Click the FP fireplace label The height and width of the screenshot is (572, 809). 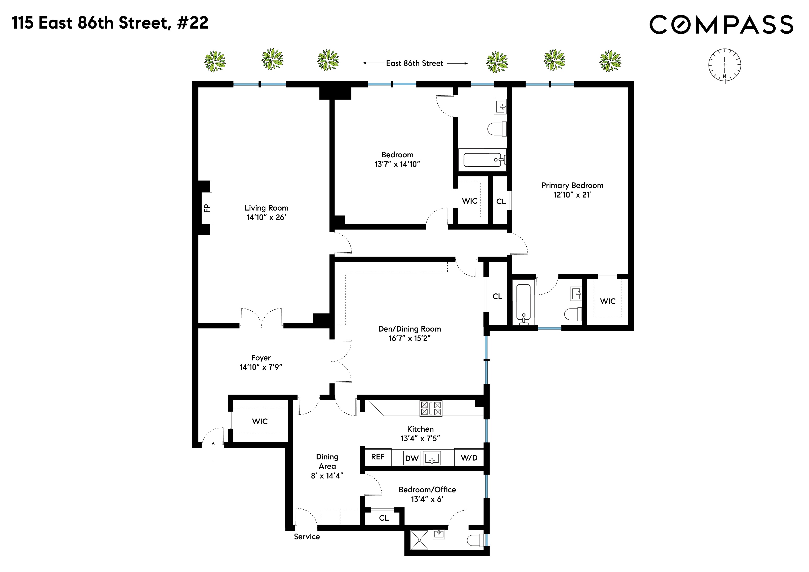tap(207, 208)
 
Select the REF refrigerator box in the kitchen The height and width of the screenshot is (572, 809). tap(377, 457)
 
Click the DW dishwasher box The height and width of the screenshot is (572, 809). tap(412, 458)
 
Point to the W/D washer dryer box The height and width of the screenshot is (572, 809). tap(469, 458)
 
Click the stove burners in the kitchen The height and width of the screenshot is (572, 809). tap(430, 409)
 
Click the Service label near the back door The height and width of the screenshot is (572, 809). tap(306, 537)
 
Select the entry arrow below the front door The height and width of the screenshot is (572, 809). tap(213, 451)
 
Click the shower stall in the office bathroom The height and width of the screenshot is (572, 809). tap(419, 540)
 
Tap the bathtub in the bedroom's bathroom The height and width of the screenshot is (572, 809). tap(482, 160)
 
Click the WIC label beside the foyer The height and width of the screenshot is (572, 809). tap(260, 421)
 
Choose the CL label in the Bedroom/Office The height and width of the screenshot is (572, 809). tap(384, 518)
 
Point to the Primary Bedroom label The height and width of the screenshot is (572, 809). tap(572, 185)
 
